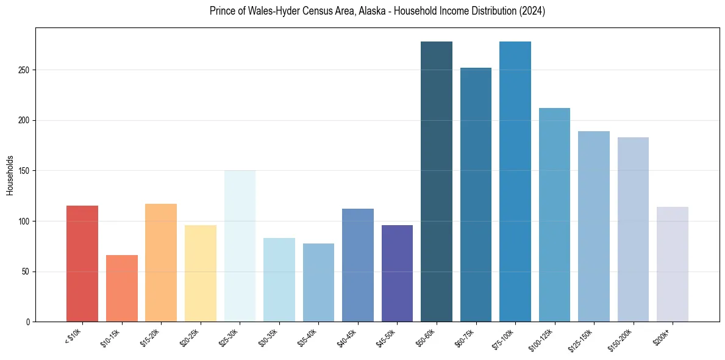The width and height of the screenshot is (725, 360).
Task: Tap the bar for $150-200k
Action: [x=633, y=229]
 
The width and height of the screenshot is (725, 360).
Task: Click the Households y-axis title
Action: [x=10, y=175]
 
